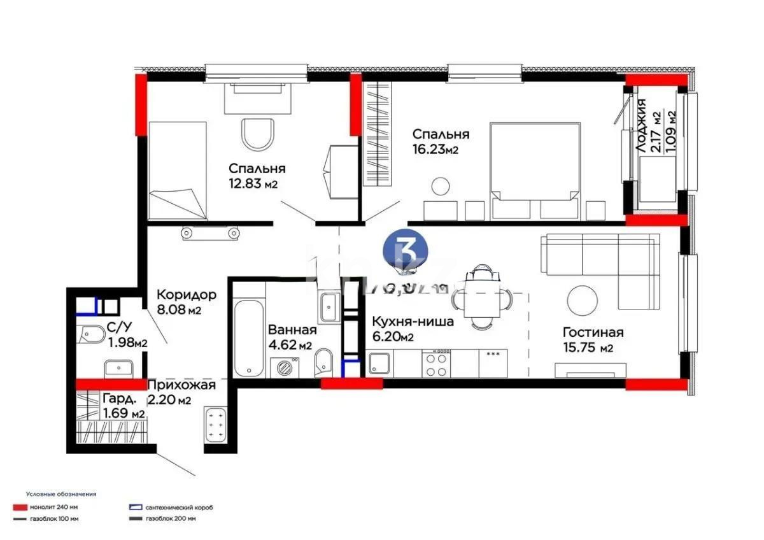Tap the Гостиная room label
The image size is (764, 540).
tap(592, 332)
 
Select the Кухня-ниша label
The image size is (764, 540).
tap(413, 322)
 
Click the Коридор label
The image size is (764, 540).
tap(187, 295)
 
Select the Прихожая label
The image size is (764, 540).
tap(181, 385)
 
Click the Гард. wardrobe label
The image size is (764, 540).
tap(118, 399)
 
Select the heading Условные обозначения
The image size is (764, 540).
tap(61, 494)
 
